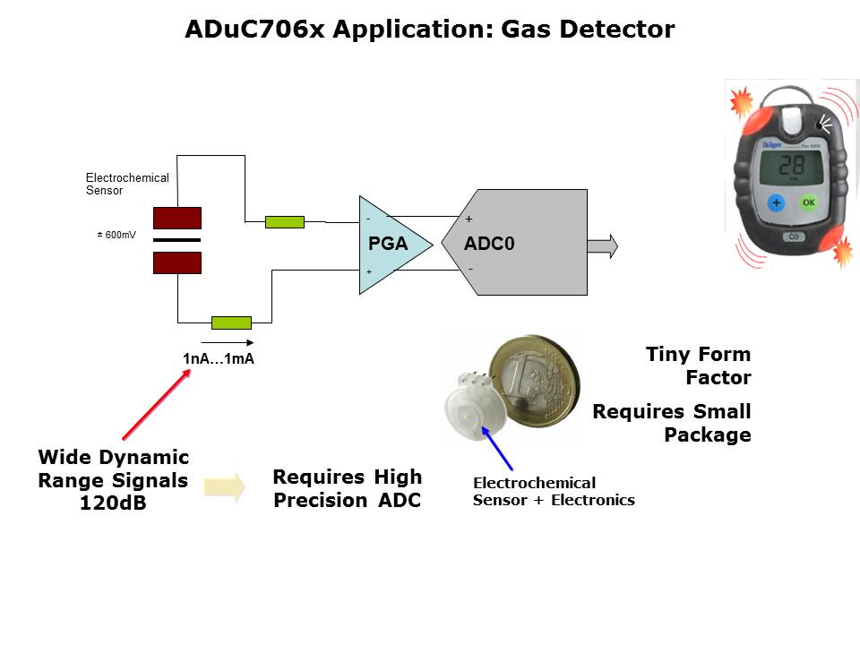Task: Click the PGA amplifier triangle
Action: [x=390, y=245]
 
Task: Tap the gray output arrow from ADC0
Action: [x=603, y=245]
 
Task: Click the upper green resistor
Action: [x=285, y=222]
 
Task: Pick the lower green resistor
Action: [x=231, y=322]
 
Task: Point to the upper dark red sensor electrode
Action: [x=177, y=219]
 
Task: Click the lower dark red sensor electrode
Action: [x=177, y=262]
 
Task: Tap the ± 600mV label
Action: [x=116, y=235]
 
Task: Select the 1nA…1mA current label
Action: [x=219, y=359]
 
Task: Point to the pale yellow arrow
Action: [x=224, y=487]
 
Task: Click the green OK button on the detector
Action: [x=809, y=202]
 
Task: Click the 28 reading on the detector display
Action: [x=791, y=166]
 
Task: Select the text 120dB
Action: [x=113, y=503]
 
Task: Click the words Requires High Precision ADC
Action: [x=347, y=488]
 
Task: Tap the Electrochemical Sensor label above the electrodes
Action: [x=126, y=185]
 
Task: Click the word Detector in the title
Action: [x=617, y=30]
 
